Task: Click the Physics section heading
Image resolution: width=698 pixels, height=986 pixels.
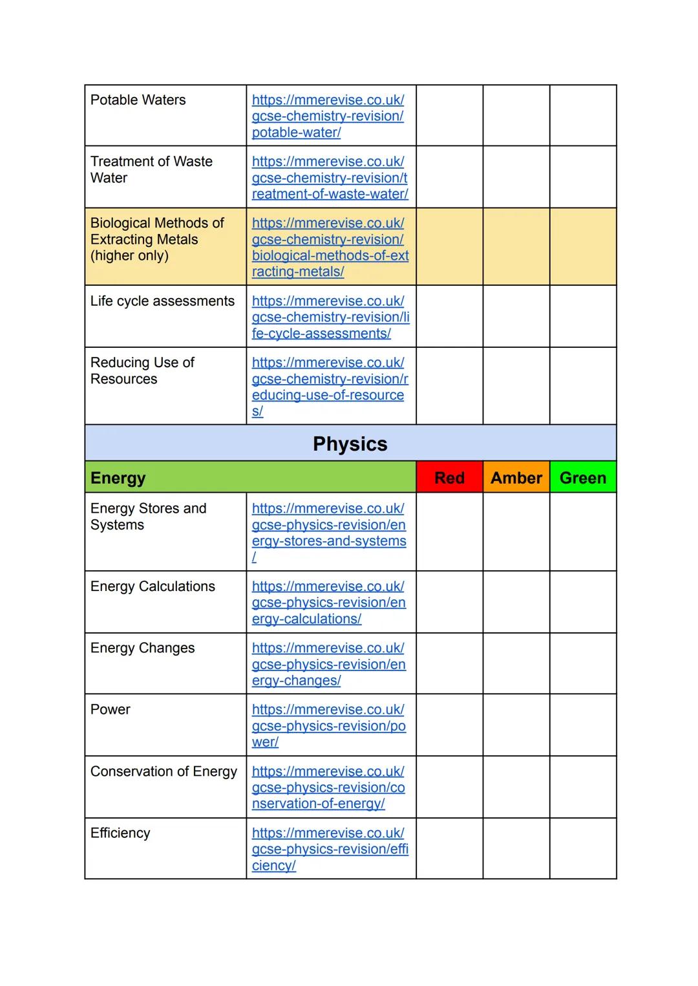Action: (x=350, y=444)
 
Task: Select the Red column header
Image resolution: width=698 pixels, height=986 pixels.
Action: (x=449, y=478)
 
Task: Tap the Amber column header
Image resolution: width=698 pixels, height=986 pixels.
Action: (x=516, y=478)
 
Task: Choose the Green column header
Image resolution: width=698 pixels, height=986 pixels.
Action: (x=582, y=478)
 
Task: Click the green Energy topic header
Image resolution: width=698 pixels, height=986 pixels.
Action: (x=118, y=478)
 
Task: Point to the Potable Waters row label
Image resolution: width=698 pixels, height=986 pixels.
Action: (x=138, y=100)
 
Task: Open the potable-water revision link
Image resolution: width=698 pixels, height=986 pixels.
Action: (x=328, y=116)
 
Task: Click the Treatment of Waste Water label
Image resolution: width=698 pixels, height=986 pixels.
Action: (x=151, y=169)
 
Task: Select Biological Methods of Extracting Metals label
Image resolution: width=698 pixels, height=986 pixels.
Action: (x=156, y=239)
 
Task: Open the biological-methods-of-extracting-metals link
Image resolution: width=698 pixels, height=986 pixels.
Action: (x=330, y=248)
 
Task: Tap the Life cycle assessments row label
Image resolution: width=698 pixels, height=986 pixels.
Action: (x=162, y=301)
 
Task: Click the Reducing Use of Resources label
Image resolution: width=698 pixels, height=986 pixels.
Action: (x=142, y=370)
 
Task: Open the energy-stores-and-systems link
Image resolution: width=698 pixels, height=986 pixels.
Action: (x=328, y=533)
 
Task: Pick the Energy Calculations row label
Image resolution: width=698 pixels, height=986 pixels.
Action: (x=153, y=586)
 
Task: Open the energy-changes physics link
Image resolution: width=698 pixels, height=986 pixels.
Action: (x=328, y=664)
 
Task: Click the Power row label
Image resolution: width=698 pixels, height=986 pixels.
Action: (x=111, y=710)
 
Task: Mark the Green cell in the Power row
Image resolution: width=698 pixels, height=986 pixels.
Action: (x=582, y=725)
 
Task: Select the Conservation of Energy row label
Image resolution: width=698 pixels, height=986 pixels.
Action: (x=164, y=771)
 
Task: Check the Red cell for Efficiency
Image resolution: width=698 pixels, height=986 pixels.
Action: (x=449, y=848)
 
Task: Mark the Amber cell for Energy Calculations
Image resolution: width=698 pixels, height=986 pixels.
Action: (x=516, y=602)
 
